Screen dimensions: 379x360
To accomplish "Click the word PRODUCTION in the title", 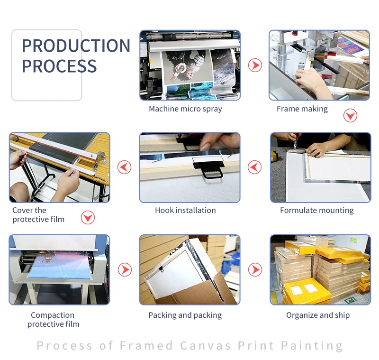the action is (x=76, y=46).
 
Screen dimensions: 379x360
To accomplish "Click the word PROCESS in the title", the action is (x=59, y=66).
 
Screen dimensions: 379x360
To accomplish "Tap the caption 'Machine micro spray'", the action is (x=185, y=109).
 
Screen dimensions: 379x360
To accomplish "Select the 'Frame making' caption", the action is (x=302, y=109).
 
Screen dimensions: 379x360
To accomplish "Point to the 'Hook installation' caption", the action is (x=185, y=210).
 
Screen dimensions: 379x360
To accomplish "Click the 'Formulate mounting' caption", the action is (x=316, y=210).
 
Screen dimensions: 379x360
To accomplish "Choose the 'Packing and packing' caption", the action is (x=185, y=315).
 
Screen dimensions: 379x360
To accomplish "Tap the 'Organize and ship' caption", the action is (x=318, y=315).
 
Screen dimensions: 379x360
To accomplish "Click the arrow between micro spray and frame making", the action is (x=255, y=65).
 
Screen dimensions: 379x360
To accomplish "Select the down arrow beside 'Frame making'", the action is (x=350, y=115).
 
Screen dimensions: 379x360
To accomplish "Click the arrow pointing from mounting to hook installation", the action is (x=254, y=167).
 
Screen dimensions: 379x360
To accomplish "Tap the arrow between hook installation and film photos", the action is (x=124, y=167).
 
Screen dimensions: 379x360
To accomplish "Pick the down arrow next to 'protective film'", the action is (x=88, y=218).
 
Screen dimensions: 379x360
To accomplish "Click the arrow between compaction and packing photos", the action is (x=125, y=269).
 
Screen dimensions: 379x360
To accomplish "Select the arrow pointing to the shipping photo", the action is (x=255, y=269).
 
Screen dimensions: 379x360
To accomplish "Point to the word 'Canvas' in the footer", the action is (x=205, y=345).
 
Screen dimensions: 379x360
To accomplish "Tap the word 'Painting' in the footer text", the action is (x=312, y=346).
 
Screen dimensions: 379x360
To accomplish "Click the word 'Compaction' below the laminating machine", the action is (x=53, y=315).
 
